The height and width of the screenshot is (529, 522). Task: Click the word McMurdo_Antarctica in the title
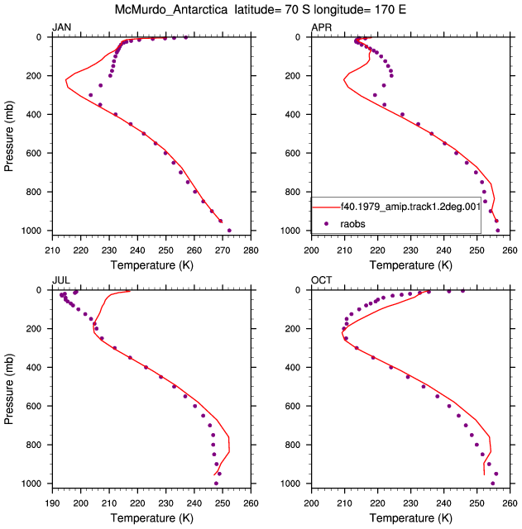171,10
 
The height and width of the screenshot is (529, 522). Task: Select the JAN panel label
61,27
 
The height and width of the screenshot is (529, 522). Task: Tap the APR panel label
322,27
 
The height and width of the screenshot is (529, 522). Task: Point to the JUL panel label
61,280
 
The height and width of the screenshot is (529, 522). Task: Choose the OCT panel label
322,280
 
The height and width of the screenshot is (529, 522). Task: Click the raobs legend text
352,224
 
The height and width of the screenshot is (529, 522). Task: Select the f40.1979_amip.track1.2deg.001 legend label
410,207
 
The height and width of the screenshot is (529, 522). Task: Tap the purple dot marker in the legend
326,224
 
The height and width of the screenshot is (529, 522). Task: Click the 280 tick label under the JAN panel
251,250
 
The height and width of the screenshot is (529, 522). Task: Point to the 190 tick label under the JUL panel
52,503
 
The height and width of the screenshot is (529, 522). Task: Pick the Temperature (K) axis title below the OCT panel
410,518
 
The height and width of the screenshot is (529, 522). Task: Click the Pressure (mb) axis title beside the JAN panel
8,136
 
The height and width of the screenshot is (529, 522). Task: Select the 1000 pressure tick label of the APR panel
290,231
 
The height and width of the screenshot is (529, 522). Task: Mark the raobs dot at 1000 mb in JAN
229,231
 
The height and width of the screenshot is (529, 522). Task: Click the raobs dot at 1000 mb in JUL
216,484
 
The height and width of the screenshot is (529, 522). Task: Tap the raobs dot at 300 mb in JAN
90,95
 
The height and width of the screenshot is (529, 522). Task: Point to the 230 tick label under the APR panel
410,250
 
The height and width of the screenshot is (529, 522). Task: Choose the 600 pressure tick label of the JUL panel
34,406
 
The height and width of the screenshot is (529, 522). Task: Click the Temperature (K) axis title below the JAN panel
151,265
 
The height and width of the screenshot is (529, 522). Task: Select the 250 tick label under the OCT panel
477,503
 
